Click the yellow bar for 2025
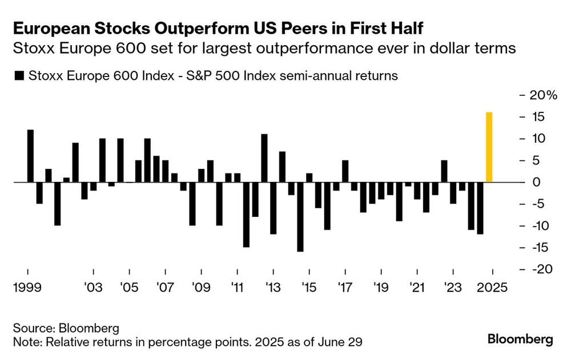489,147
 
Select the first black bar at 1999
31,156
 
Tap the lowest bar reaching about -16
300,217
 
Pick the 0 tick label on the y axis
536,182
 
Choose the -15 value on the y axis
540,248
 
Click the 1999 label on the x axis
27,288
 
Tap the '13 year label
273,288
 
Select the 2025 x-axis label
492,288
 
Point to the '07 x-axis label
166,288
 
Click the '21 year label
417,288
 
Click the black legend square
19,76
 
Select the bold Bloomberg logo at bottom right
520,339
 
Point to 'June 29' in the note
340,342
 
